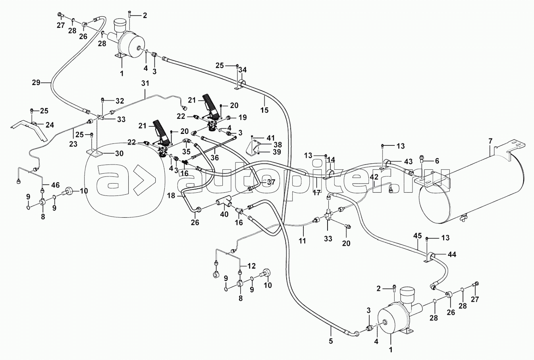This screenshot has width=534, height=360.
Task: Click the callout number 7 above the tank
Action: tap(490, 141)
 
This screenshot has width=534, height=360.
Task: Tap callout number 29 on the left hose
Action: tap(36, 83)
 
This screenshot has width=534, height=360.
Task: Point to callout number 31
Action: tap(145, 84)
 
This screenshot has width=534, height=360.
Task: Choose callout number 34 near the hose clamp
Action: tap(243, 70)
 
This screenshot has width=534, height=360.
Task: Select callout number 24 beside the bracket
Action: tap(50, 125)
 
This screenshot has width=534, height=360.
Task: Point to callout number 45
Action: tap(417, 236)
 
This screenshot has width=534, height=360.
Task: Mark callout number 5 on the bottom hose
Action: tap(331, 329)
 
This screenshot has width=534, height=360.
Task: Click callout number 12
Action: tap(252, 266)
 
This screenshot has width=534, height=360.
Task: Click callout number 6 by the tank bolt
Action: tap(438, 161)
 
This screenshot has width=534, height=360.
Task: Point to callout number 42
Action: tap(374, 177)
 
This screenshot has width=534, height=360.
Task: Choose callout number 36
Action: tap(215, 157)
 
